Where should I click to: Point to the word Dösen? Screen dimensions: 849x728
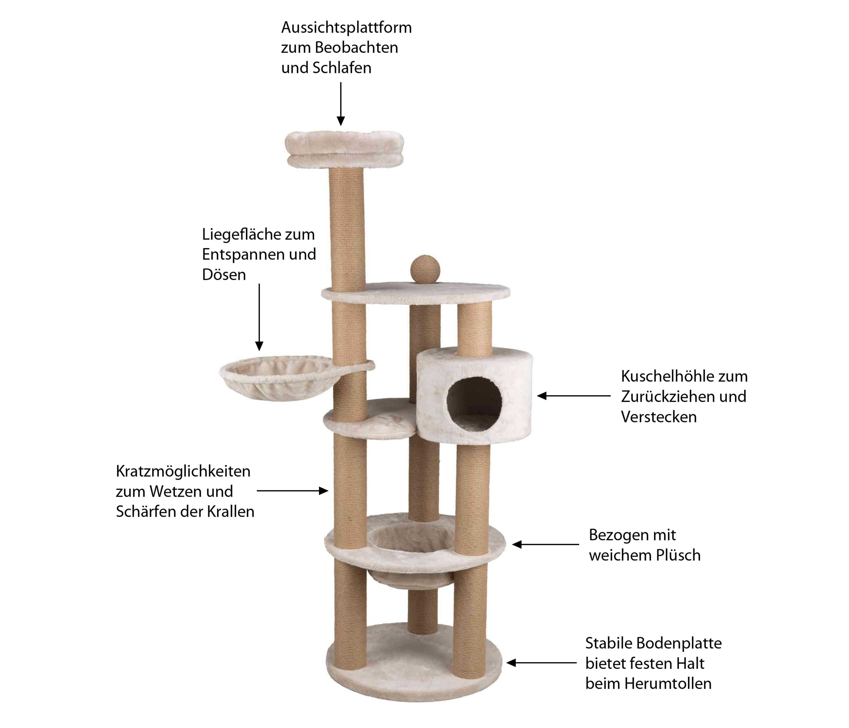click(224, 275)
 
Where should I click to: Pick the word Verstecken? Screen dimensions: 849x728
click(658, 417)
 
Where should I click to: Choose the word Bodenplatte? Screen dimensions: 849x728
click(679, 643)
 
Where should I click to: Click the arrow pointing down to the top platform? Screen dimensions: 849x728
click(340, 104)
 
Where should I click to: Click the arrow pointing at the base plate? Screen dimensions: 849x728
click(541, 663)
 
